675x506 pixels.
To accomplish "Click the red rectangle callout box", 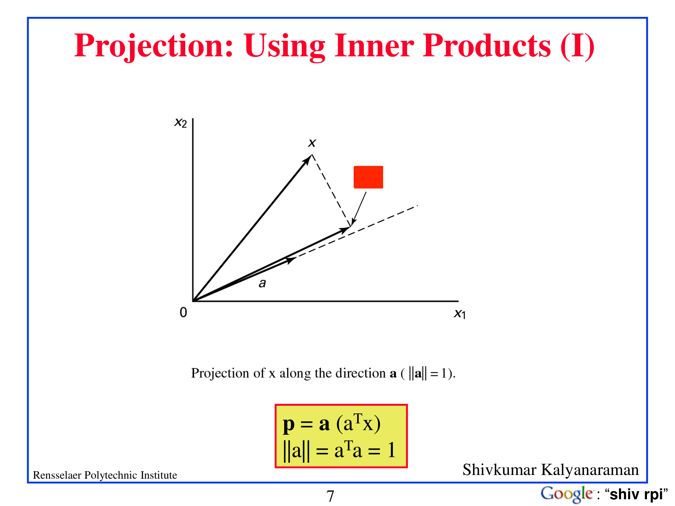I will pyautogui.click(x=368, y=177).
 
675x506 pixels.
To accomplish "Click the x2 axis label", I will pyautogui.click(x=180, y=122).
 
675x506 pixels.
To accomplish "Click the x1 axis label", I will pyautogui.click(x=460, y=314).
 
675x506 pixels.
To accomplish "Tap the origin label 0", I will pyautogui.click(x=183, y=312).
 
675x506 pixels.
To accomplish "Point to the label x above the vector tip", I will pyautogui.click(x=312, y=143).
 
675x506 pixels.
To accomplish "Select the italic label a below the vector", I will pyautogui.click(x=262, y=283).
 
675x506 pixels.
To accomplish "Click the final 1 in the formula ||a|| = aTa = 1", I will pyautogui.click(x=391, y=450).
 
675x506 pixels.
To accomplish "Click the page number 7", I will pyautogui.click(x=330, y=496).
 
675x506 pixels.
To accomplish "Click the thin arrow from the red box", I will pyautogui.click(x=359, y=209).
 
